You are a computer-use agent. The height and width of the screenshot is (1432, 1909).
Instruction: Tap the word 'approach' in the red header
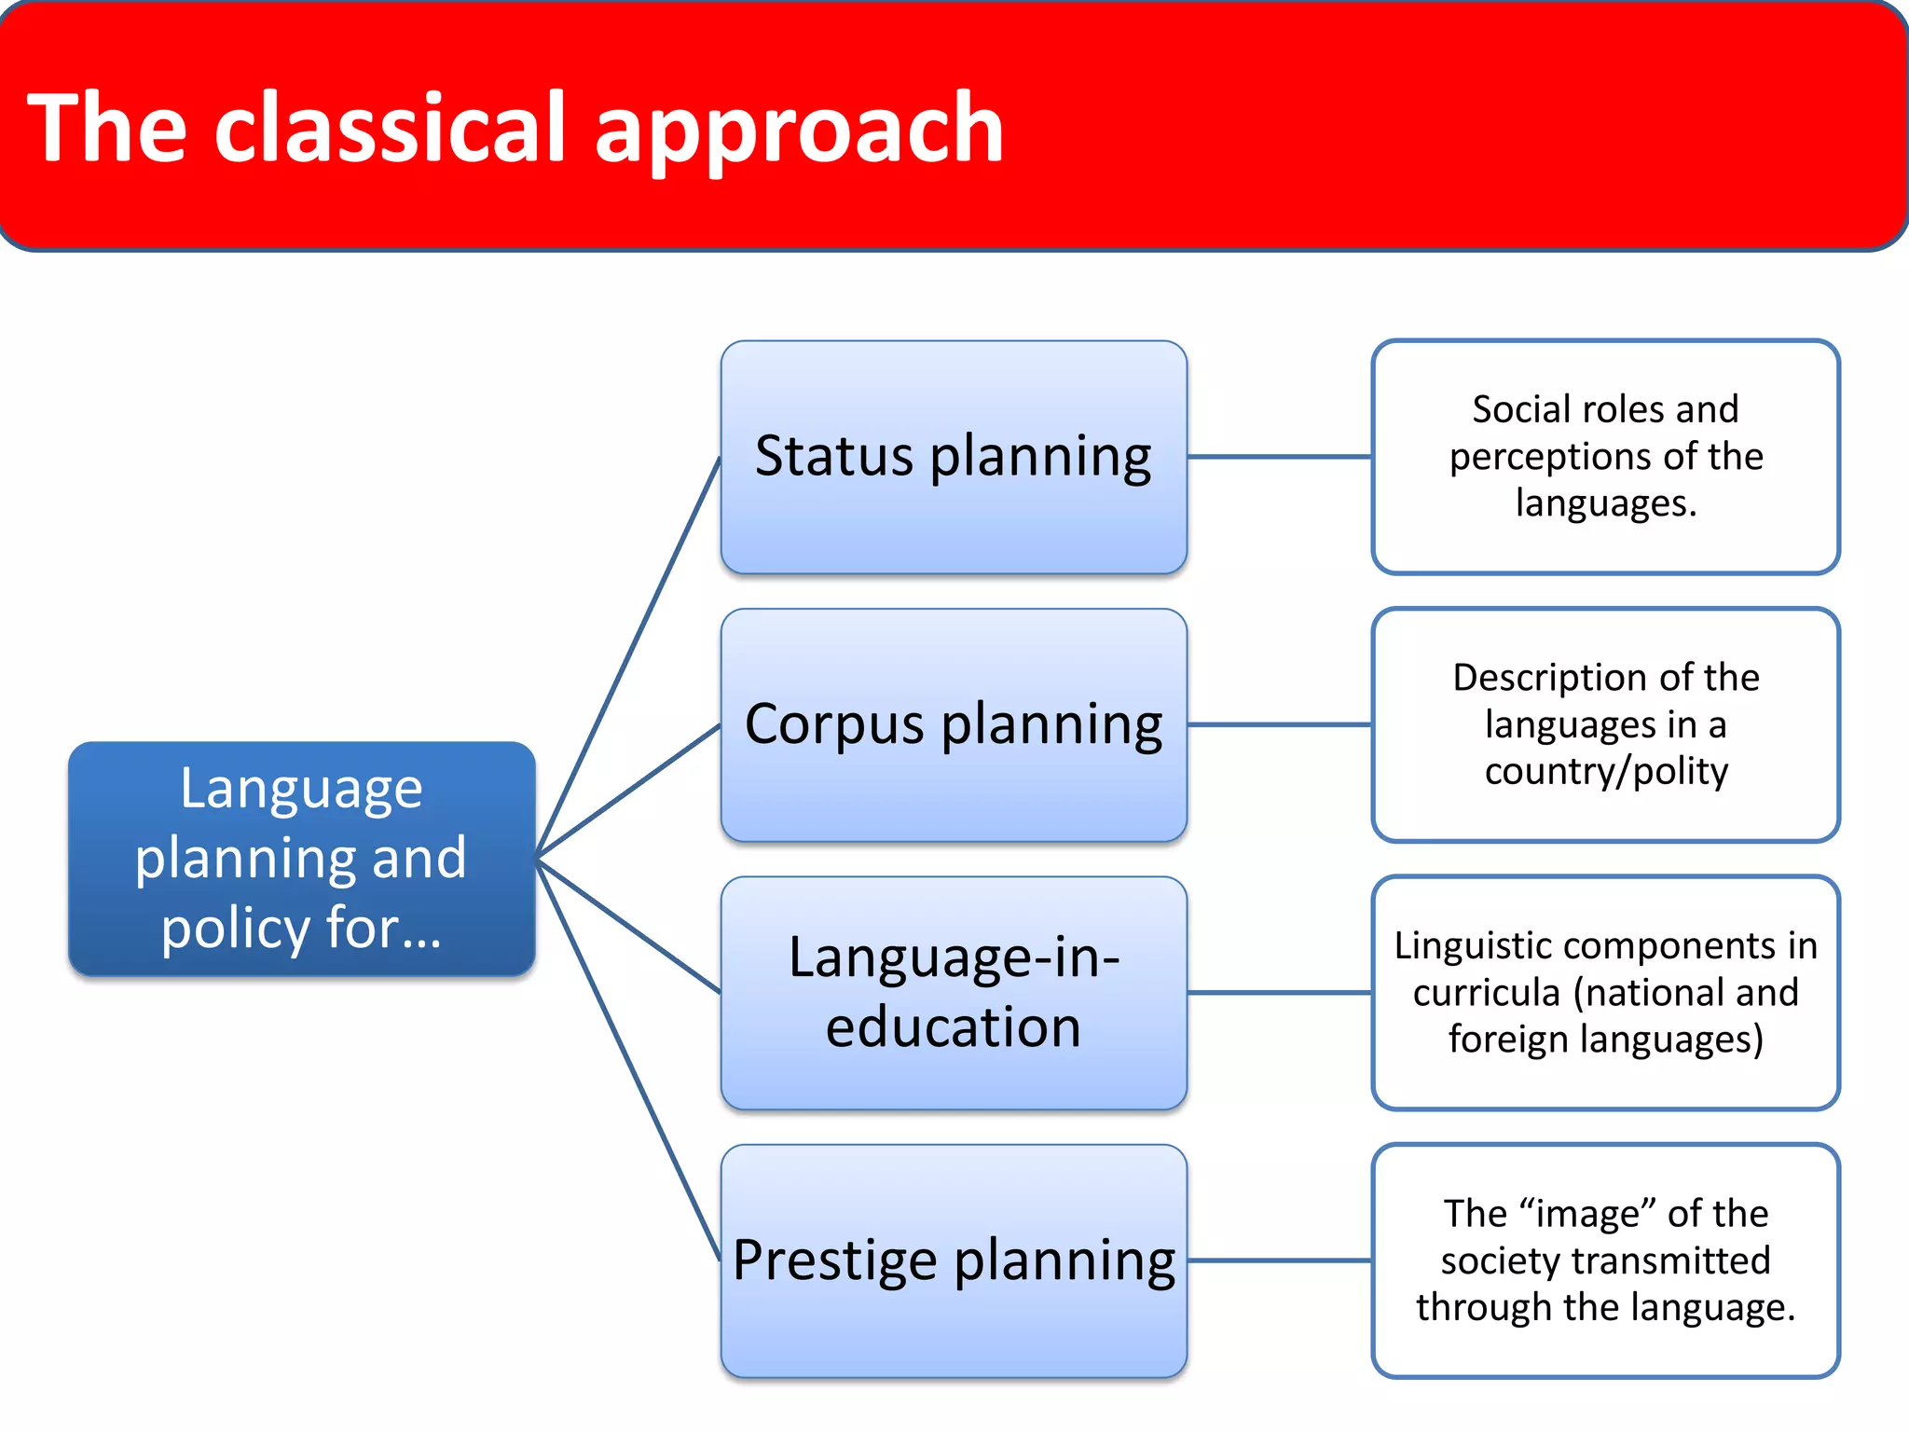tap(799, 131)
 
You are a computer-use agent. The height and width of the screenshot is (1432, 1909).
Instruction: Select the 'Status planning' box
tap(954, 457)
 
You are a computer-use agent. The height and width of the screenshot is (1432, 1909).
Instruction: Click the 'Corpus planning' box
tap(954, 724)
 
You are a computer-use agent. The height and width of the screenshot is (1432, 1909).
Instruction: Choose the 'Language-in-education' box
tap(954, 993)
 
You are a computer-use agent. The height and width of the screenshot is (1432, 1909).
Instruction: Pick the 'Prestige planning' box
tap(954, 1260)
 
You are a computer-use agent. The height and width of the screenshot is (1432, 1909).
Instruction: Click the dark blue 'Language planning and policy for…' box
tap(301, 859)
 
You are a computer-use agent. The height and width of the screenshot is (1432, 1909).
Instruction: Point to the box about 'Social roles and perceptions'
tap(1605, 457)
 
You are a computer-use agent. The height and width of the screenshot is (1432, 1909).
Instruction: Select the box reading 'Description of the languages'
tap(1605, 724)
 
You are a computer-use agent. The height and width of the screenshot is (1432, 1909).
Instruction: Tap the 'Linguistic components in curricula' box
tap(1605, 993)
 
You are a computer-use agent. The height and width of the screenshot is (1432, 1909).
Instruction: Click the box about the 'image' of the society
tap(1605, 1260)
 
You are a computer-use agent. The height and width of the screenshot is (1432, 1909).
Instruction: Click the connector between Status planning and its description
tap(1279, 457)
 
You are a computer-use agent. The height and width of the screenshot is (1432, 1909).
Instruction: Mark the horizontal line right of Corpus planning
tap(1279, 724)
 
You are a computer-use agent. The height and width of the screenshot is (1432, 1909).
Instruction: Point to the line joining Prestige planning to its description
tap(1279, 1260)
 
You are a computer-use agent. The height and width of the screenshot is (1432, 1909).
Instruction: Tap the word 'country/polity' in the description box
tap(1606, 772)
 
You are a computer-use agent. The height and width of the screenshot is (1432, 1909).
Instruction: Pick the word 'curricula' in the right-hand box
tap(1486, 993)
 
